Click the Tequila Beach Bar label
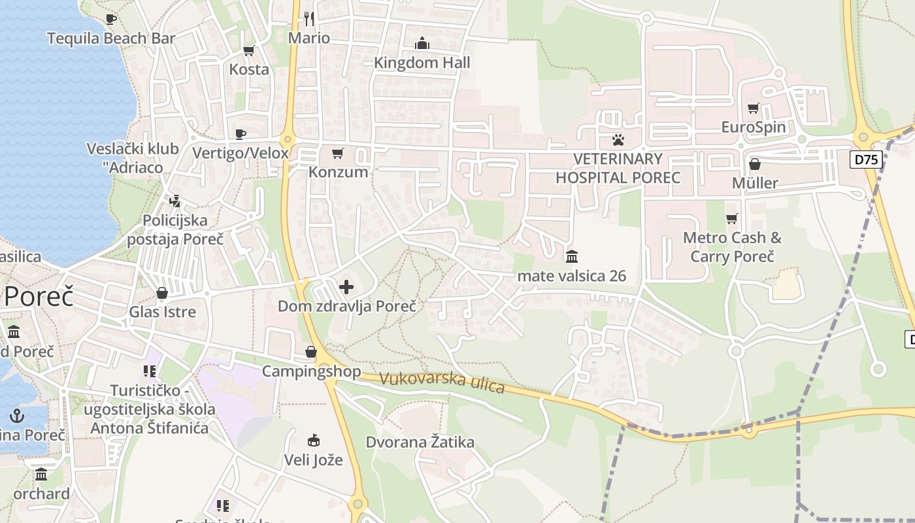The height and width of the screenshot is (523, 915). [111, 39]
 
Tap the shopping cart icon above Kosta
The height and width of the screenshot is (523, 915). [248, 50]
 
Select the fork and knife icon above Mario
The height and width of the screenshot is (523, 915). [309, 19]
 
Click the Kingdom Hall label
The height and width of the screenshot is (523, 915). [422, 63]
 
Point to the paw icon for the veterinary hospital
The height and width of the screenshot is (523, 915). [618, 139]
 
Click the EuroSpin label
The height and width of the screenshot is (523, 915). [753, 127]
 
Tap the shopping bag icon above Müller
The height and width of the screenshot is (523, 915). [755, 164]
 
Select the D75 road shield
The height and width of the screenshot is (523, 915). [866, 160]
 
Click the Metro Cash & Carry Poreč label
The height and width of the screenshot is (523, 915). [732, 246]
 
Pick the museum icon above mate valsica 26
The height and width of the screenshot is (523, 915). [572, 256]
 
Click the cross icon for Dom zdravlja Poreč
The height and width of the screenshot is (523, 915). [346, 287]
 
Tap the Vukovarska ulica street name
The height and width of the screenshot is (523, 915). [442, 382]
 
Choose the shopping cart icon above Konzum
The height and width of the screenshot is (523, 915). [337, 153]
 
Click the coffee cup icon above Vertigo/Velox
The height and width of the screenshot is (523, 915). [241, 134]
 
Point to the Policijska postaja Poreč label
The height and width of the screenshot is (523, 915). [175, 229]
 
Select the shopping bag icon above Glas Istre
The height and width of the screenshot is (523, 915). [162, 293]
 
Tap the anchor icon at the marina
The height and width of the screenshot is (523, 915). [17, 415]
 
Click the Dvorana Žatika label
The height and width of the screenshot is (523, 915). [420, 442]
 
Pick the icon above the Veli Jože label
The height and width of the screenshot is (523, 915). [314, 440]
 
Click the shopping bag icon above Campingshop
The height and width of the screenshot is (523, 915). [311, 352]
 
